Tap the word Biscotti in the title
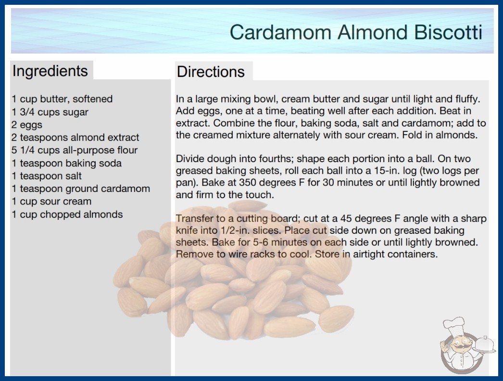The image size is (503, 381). point(448,32)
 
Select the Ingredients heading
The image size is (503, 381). point(50,71)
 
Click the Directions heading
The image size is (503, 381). point(211,72)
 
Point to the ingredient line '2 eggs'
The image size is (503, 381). point(27,125)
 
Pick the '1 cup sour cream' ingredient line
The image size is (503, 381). point(51,201)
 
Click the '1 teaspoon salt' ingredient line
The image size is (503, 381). point(47,176)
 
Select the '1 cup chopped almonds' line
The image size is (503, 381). point(67,215)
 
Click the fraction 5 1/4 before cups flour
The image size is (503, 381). point(24,150)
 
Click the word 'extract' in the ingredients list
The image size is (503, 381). point(123,138)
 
